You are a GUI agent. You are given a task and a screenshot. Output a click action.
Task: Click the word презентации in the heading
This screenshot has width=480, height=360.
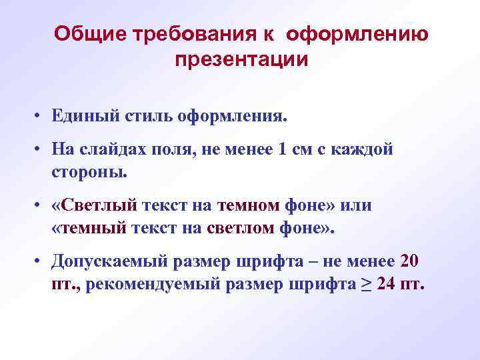coord(241,59)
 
